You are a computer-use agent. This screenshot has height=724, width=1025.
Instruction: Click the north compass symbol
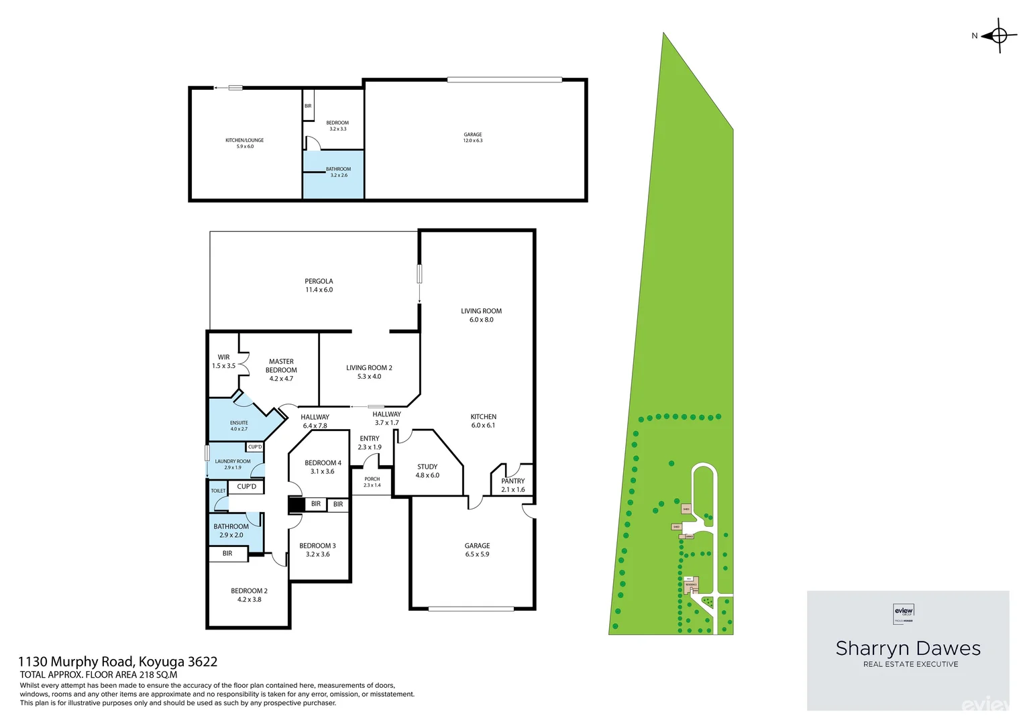click(998, 36)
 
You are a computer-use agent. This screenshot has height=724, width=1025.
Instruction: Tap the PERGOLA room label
click(319, 282)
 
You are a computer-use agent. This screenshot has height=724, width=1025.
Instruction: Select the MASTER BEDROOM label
click(281, 366)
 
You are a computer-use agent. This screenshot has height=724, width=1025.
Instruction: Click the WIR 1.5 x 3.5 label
click(223, 362)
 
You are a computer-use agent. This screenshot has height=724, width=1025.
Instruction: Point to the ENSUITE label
click(239, 423)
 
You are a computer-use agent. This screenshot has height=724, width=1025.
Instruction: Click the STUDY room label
click(427, 467)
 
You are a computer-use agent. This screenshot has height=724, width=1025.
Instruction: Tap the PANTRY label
click(512, 481)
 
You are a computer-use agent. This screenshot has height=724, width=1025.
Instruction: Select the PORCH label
click(372, 479)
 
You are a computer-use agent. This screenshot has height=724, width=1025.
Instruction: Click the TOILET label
click(218, 491)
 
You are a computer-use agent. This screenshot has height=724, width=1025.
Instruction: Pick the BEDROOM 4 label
click(323, 463)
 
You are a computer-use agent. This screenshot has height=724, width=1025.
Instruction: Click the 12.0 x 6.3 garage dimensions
click(472, 141)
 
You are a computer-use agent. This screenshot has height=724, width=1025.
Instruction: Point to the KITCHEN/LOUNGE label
click(244, 140)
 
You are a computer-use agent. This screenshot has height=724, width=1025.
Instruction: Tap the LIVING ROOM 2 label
click(369, 368)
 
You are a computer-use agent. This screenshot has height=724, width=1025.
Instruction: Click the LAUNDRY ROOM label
click(233, 461)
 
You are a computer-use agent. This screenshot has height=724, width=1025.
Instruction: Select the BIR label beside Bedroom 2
click(227, 554)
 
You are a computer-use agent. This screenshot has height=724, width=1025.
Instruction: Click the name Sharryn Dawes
click(908, 648)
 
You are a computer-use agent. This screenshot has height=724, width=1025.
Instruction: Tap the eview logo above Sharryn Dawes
click(904, 612)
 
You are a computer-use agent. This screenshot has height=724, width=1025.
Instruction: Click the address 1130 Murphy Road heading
click(118, 662)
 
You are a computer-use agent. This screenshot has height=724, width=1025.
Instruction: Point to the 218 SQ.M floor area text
click(158, 675)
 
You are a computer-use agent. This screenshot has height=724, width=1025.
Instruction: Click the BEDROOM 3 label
click(317, 546)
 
